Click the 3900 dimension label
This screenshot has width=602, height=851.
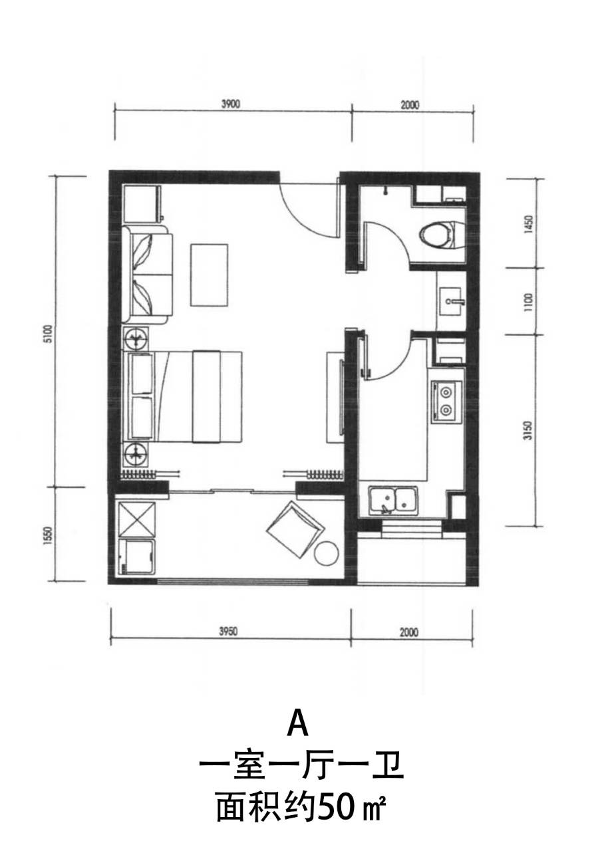click(231, 104)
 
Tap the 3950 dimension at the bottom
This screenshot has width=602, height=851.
click(228, 632)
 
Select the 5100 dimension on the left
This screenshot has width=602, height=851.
click(48, 334)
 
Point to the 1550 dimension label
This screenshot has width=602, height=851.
click(48, 536)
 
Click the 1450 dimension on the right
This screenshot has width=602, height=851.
click(528, 225)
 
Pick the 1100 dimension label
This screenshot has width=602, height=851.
click(528, 303)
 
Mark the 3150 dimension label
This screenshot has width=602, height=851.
click(528, 431)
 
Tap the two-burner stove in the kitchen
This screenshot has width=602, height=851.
click(446, 404)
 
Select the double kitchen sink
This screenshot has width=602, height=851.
click(392, 501)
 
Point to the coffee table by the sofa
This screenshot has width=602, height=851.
click(210, 275)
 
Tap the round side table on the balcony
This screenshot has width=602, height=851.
click(327, 554)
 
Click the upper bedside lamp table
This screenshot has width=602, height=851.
click(136, 338)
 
